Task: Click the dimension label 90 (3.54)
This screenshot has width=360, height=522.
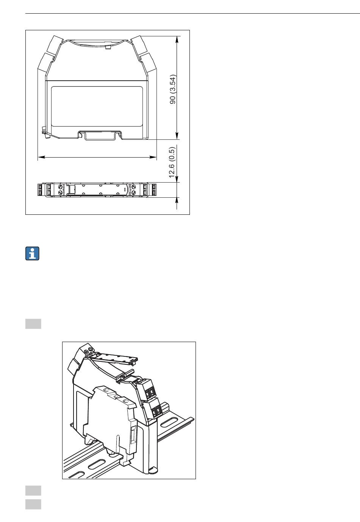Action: pos(173,89)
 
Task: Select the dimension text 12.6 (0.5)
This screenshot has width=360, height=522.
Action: pos(171,162)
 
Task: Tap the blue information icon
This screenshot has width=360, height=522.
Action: pos(32,253)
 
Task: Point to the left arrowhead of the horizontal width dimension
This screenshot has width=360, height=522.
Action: pos(41,157)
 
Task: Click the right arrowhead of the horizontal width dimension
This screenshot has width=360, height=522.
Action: pos(153,157)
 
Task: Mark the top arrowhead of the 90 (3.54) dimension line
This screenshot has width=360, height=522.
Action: pos(177,40)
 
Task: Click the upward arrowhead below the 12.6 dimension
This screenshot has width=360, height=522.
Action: pos(177,201)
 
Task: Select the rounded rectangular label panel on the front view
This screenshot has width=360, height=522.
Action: pos(97,106)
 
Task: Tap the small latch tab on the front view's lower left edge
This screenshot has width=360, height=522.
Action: pos(45,132)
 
